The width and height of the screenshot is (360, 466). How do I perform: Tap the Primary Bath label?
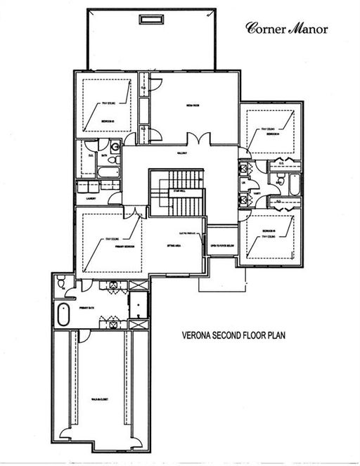[87, 309]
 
